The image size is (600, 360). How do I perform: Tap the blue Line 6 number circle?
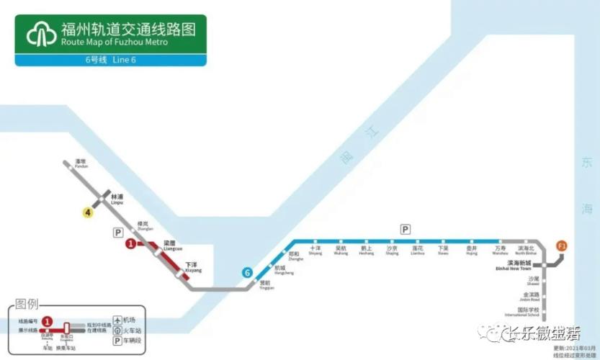(x=247, y=273)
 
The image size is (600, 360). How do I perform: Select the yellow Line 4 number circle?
(x=88, y=212)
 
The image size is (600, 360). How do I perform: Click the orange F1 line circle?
(x=562, y=246)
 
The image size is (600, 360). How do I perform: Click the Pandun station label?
(x=80, y=163)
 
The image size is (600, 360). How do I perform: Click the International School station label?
(x=522, y=312)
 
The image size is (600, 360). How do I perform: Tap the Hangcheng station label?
(x=284, y=271)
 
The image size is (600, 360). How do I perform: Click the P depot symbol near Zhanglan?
(x=117, y=232)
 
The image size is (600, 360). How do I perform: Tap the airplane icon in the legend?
(x=117, y=320)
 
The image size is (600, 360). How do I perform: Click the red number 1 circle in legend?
(x=47, y=320)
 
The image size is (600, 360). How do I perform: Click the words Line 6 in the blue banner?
(x=124, y=60)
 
